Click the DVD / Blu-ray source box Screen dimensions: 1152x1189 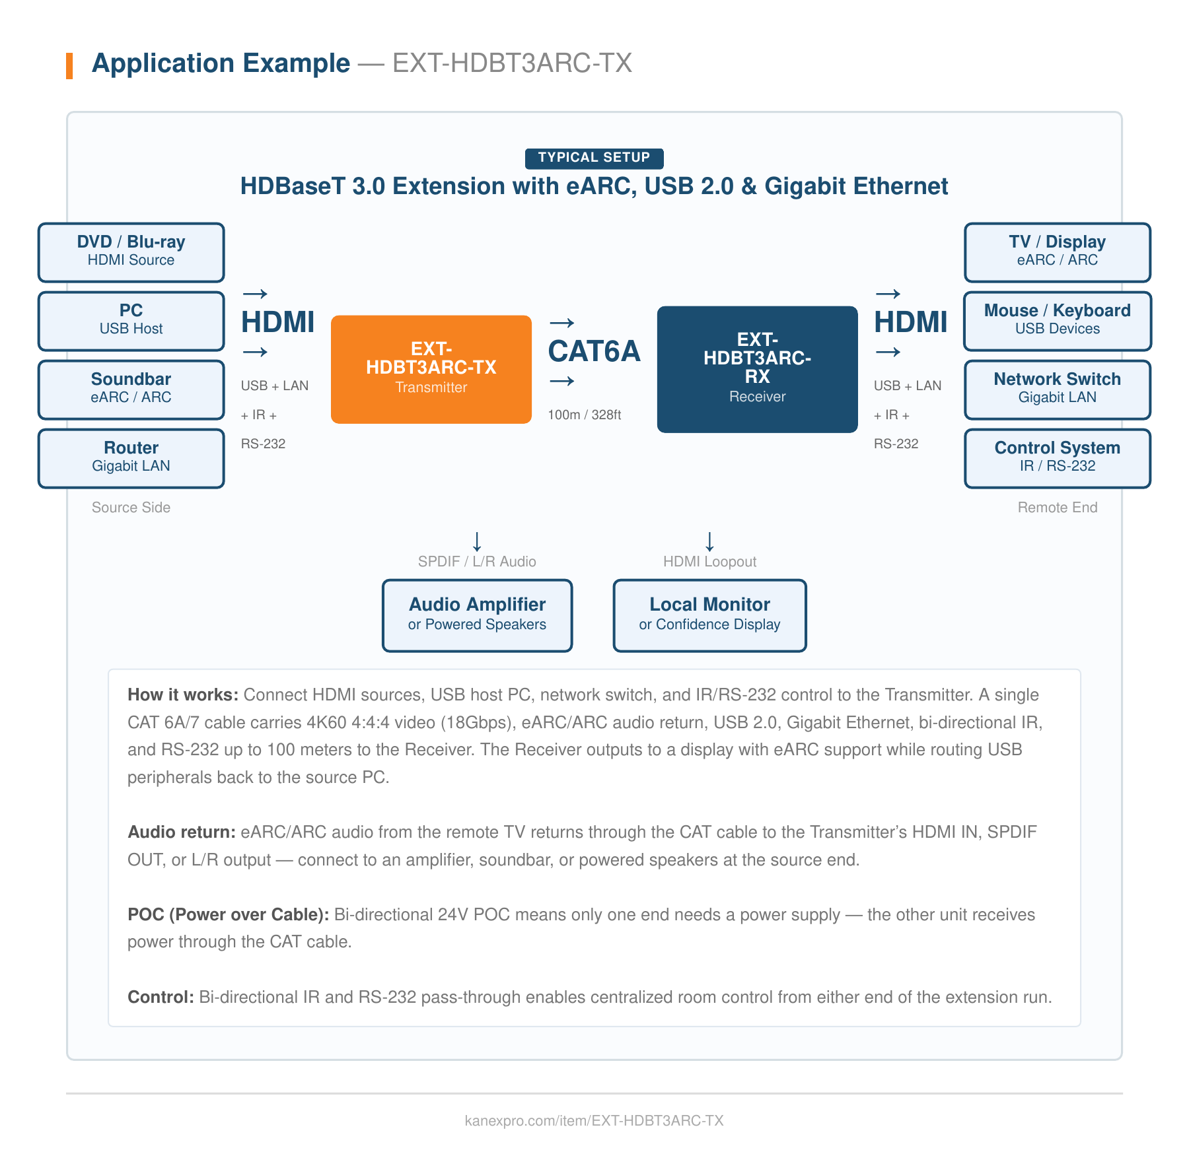click(131, 252)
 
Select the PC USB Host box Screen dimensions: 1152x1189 click(131, 321)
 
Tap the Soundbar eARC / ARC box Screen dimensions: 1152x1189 click(131, 390)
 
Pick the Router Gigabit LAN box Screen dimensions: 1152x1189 click(131, 458)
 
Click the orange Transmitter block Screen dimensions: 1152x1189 click(431, 369)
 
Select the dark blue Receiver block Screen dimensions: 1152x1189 click(757, 369)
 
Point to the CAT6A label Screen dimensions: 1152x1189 click(594, 351)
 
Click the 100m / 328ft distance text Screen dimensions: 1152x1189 click(584, 415)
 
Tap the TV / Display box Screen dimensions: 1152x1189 click(1057, 252)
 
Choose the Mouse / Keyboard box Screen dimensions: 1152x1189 click(1057, 321)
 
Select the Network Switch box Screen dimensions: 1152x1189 click(1057, 390)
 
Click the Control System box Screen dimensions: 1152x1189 click(1057, 458)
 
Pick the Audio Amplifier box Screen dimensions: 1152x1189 click(477, 615)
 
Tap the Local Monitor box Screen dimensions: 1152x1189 click(709, 615)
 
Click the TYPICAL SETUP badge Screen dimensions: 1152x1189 click(594, 158)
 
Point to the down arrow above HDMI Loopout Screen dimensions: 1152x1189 click(709, 541)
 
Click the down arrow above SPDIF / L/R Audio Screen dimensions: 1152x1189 click(477, 541)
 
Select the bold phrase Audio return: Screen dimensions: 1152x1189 click(181, 832)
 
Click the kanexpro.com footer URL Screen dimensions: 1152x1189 click(594, 1120)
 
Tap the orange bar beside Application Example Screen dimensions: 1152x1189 click(69, 65)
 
